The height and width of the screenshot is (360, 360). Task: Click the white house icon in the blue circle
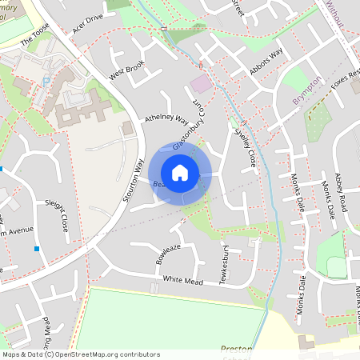(x=180, y=172)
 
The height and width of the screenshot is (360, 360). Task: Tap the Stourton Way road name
(x=135, y=182)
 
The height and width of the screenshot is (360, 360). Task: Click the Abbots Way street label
(x=266, y=62)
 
